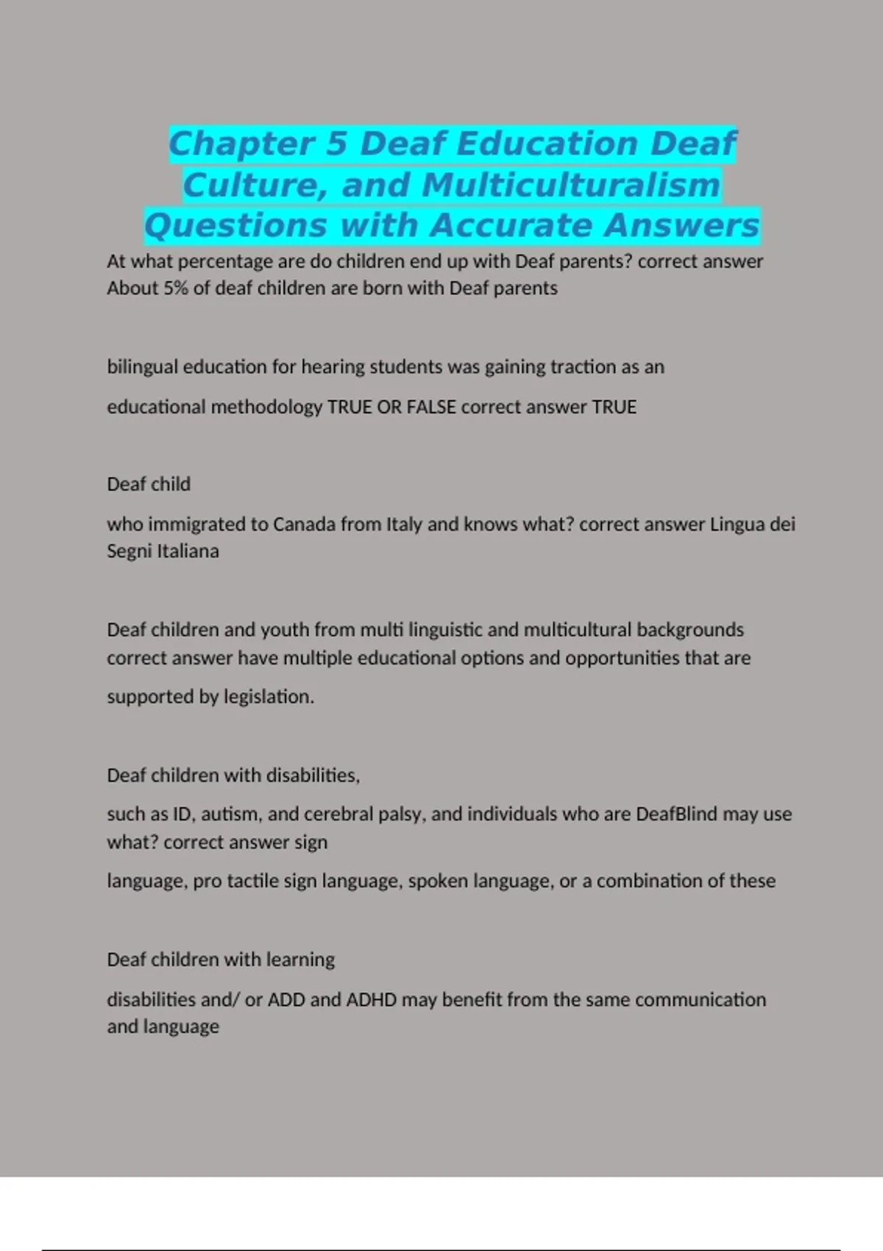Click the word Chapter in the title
242,143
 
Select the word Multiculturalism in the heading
571,185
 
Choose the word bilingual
142,366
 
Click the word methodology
266,407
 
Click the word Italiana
188,551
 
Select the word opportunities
623,657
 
